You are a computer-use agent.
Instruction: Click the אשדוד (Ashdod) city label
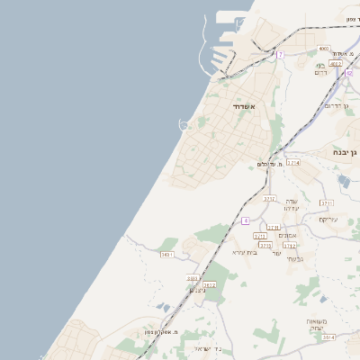(x=245, y=107)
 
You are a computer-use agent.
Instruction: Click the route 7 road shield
(x=280, y=55)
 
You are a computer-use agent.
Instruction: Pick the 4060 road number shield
(x=323, y=49)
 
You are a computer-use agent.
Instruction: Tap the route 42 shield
(x=348, y=73)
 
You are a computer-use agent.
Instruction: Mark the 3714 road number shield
(x=292, y=163)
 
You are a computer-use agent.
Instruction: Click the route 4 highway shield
(x=245, y=220)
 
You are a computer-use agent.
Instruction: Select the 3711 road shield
(x=326, y=203)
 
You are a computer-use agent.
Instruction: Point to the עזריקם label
(x=327, y=219)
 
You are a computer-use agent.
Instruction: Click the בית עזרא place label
(x=245, y=253)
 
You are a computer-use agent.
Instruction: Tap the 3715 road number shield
(x=265, y=245)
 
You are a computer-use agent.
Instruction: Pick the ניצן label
(x=199, y=291)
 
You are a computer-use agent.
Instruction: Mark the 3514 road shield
(x=328, y=337)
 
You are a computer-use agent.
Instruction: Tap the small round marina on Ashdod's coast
(x=184, y=125)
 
